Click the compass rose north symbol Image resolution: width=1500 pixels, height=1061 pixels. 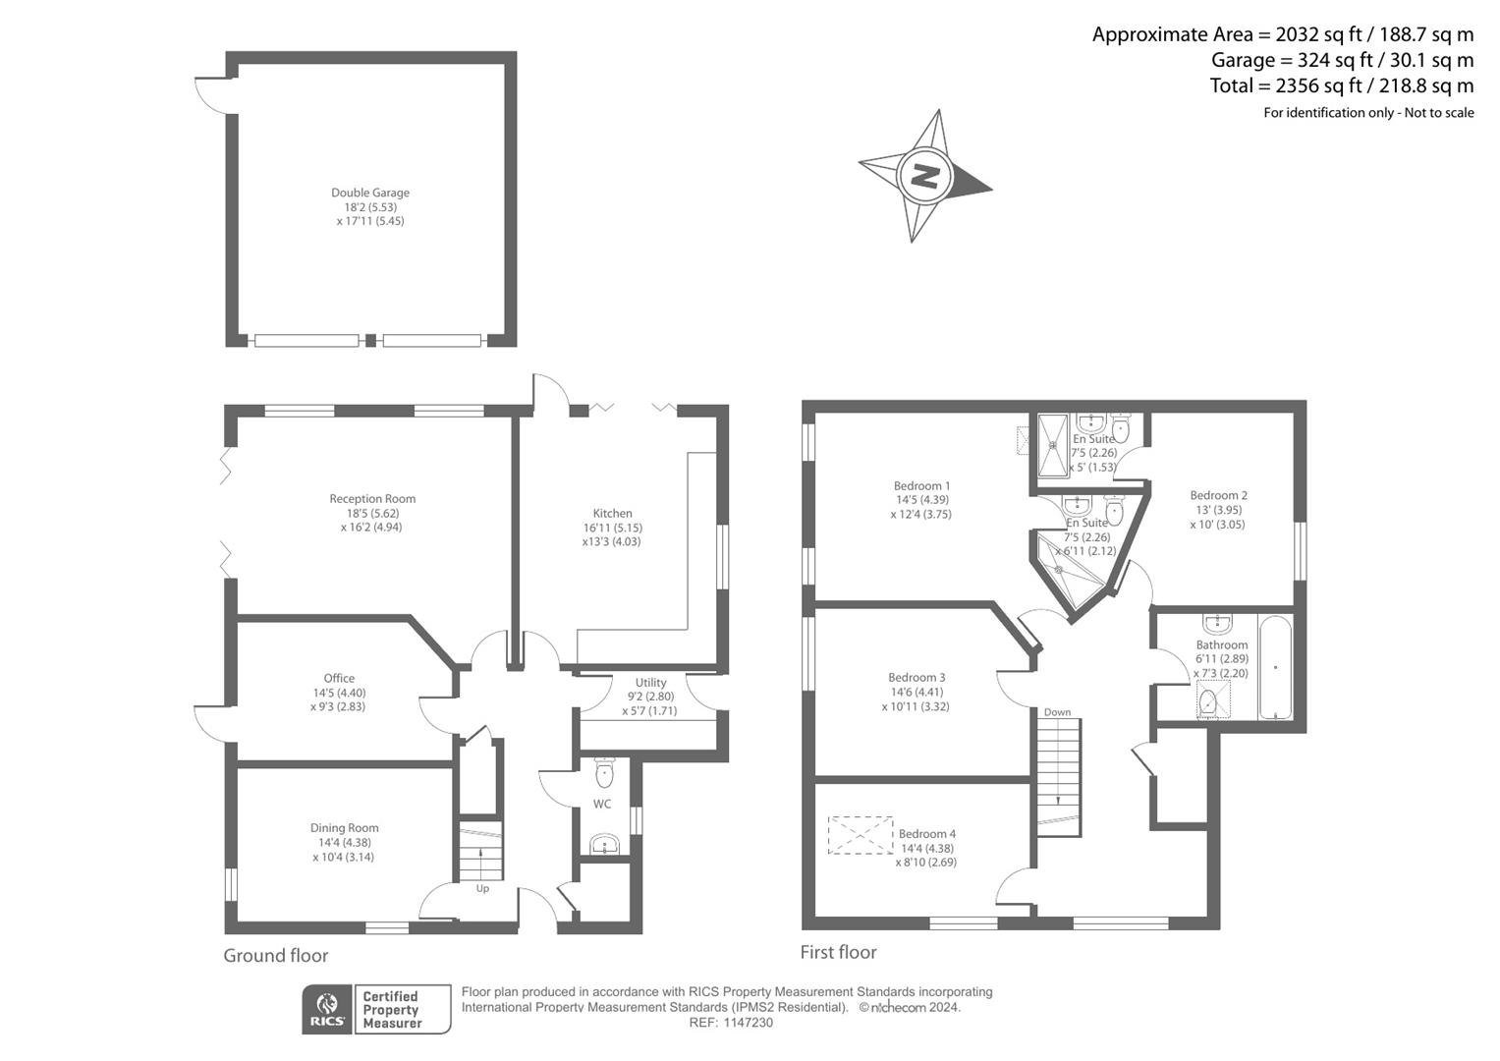pyautogui.click(x=923, y=176)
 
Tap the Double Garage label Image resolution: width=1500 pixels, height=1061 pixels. pyautogui.click(x=369, y=193)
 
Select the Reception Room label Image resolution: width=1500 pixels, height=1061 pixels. pyautogui.click(x=372, y=499)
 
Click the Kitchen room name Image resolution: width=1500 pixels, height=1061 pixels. pyautogui.click(x=612, y=513)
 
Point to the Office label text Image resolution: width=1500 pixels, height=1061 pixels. pyautogui.click(x=339, y=678)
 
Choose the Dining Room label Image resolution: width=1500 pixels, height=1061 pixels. pyautogui.click(x=344, y=828)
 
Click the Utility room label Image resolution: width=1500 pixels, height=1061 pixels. pyautogui.click(x=650, y=683)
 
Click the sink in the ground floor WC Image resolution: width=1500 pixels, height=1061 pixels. pyautogui.click(x=604, y=844)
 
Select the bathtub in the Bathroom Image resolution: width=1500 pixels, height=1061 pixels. pyautogui.click(x=1274, y=668)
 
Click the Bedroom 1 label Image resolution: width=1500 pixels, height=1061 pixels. pyautogui.click(x=921, y=485)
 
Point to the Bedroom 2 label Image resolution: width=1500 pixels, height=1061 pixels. pyautogui.click(x=1218, y=495)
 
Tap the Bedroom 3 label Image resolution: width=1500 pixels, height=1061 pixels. pyautogui.click(x=917, y=677)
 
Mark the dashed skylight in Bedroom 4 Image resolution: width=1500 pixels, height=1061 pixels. pyautogui.click(x=861, y=835)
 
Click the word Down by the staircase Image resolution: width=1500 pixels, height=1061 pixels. pyautogui.click(x=1057, y=712)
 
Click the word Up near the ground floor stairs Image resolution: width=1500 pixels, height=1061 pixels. pyautogui.click(x=482, y=889)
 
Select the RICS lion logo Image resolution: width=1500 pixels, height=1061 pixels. pyautogui.click(x=326, y=1009)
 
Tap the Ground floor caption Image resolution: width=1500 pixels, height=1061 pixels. pyautogui.click(x=276, y=956)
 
